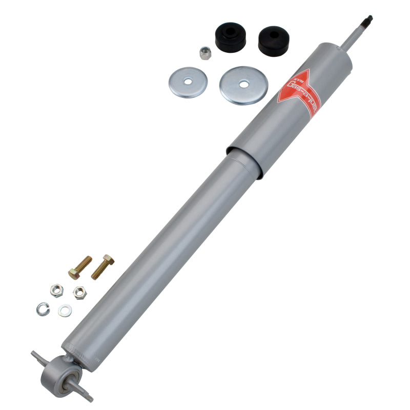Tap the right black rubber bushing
pyautogui.click(x=273, y=41)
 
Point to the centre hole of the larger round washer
pyautogui.click(x=243, y=83)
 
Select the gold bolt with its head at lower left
pyautogui.click(x=80, y=267)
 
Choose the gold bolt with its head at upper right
pyautogui.click(x=102, y=266)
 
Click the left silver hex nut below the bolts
pyautogui.click(x=56, y=290)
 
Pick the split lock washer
pyautogui.click(x=43, y=308)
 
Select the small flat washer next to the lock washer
pyautogui.click(x=65, y=310)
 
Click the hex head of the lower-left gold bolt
pyautogui.click(x=73, y=274)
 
